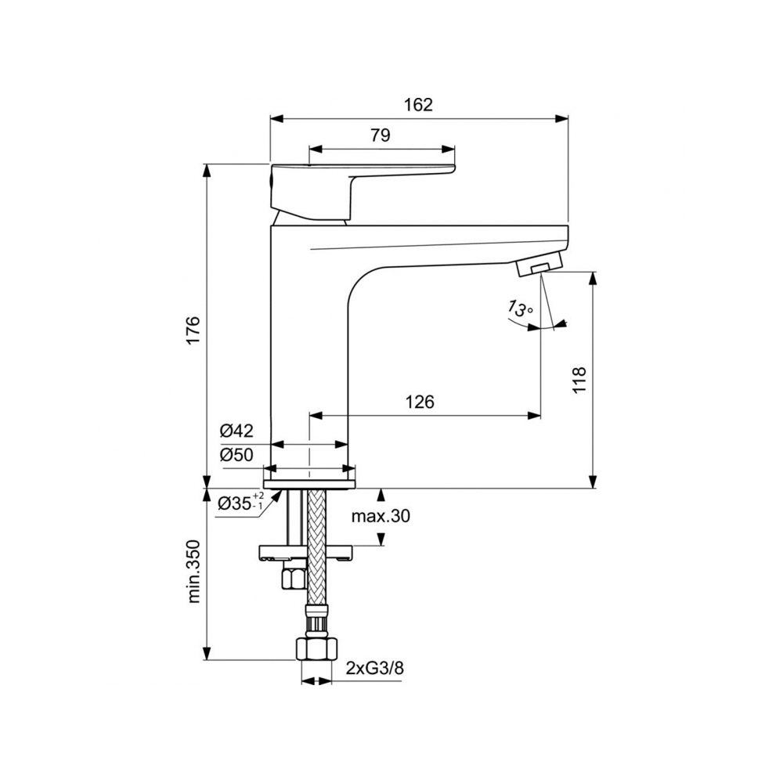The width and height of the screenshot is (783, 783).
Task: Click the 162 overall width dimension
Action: [x=419, y=105]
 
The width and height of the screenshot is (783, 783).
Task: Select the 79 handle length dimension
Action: [x=381, y=135]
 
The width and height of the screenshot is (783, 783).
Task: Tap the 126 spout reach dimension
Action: [x=420, y=402]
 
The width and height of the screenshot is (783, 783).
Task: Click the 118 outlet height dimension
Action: [x=579, y=380]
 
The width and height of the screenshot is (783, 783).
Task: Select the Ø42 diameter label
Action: [x=236, y=431]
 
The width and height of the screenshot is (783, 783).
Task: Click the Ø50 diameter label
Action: [x=236, y=455]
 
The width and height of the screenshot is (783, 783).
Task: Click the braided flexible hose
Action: [x=316, y=548]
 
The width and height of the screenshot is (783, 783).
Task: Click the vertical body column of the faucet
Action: [x=309, y=352]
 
